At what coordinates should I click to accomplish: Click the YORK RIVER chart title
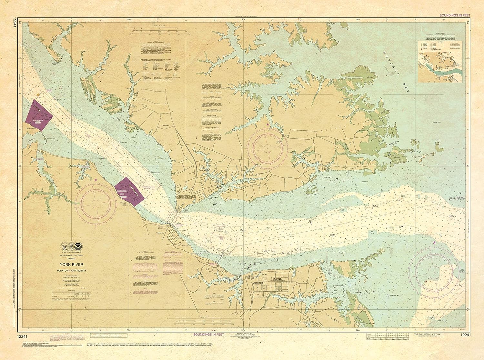click(76, 265)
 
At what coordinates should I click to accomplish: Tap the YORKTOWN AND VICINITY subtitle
click(76, 270)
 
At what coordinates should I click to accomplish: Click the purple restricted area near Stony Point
click(129, 191)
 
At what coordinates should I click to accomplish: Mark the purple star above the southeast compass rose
click(434, 242)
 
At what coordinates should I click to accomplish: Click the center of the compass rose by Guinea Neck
click(267, 147)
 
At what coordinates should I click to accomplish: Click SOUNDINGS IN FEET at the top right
click(455, 15)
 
